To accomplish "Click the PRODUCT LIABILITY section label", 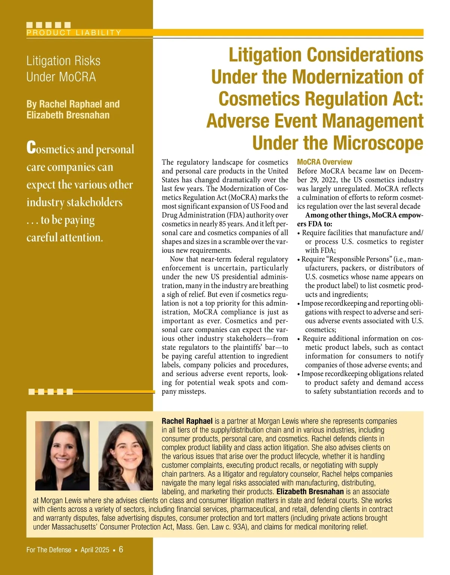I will pos(74,33).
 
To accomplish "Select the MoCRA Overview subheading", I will pos(324,162).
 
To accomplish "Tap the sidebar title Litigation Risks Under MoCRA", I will pos(63,69).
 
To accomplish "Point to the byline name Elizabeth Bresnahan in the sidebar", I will pos(68,115).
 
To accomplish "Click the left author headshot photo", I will pos(62,455).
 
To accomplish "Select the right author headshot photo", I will pos(126,455).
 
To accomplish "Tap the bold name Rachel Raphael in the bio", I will pos(187,421).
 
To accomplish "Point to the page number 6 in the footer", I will pos(121,550).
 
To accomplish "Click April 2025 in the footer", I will pos(95,550).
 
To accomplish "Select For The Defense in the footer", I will pos(49,550).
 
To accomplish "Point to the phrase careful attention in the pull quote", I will pos(64,237).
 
